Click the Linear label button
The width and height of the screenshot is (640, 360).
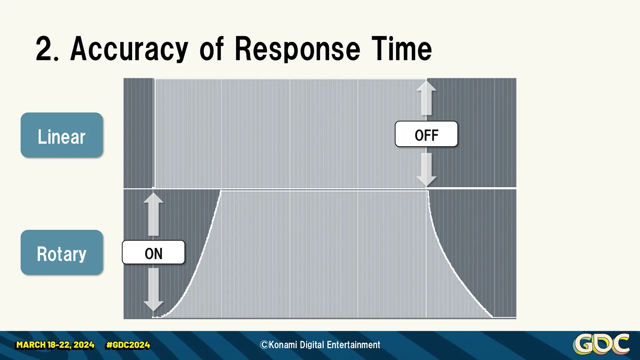[x=62, y=135]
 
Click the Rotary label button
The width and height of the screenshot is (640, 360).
[x=62, y=252]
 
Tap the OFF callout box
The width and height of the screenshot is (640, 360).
[x=426, y=134]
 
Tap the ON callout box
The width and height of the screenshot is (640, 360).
[x=153, y=252]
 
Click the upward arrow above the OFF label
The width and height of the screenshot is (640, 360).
[x=426, y=97]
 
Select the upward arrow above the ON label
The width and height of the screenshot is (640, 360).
[x=153, y=214]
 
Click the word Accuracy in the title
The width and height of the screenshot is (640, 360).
[x=129, y=49]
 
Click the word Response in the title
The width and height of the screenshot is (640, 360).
[x=297, y=49]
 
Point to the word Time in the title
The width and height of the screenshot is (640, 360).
[x=402, y=49]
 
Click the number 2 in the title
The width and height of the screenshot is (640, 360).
[x=43, y=49]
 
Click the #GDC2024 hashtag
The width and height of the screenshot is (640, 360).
[x=128, y=345]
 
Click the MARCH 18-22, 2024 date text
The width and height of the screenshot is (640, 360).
[x=55, y=345]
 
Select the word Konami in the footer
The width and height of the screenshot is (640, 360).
[x=283, y=345]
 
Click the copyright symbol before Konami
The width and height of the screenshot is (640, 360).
[x=264, y=345]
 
